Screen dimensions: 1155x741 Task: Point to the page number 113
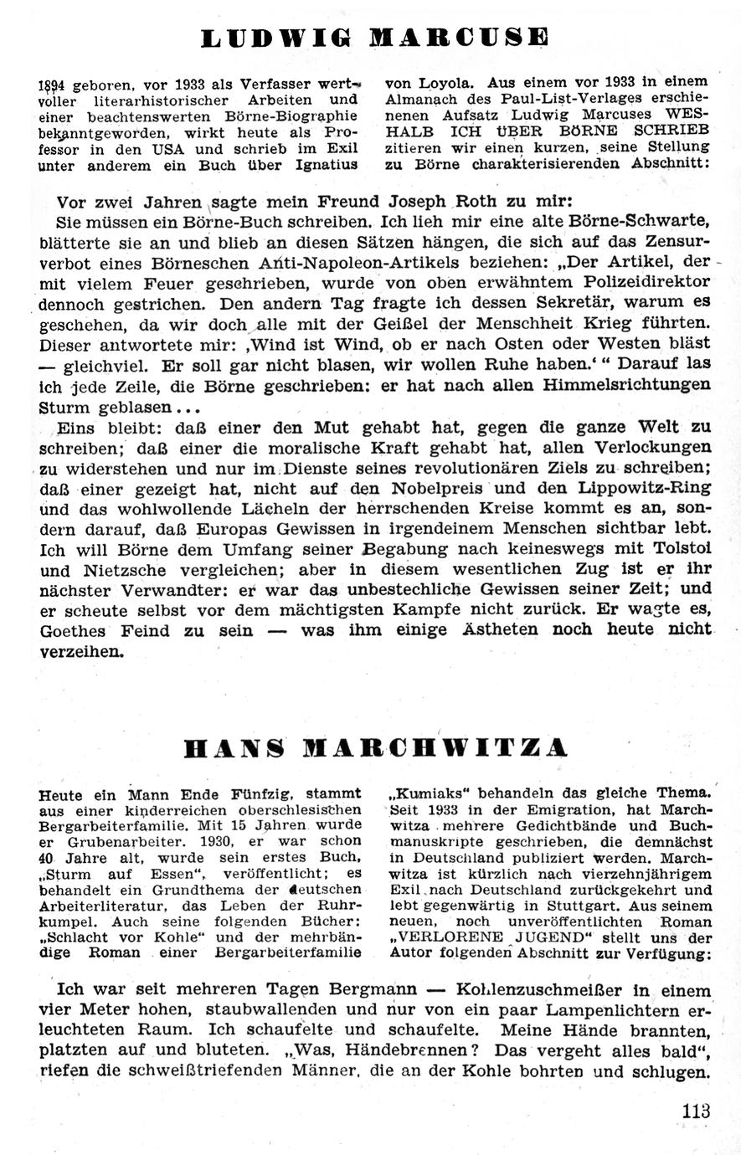tap(696, 1111)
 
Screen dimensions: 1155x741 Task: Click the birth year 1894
tap(54, 85)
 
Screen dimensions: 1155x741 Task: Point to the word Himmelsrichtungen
tap(628, 383)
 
